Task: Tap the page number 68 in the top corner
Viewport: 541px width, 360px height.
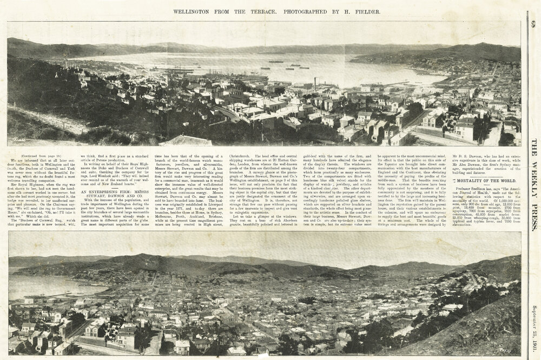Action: [533, 24]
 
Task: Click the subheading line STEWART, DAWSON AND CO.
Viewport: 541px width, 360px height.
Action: [108, 197]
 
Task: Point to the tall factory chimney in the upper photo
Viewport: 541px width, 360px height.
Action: [315, 83]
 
